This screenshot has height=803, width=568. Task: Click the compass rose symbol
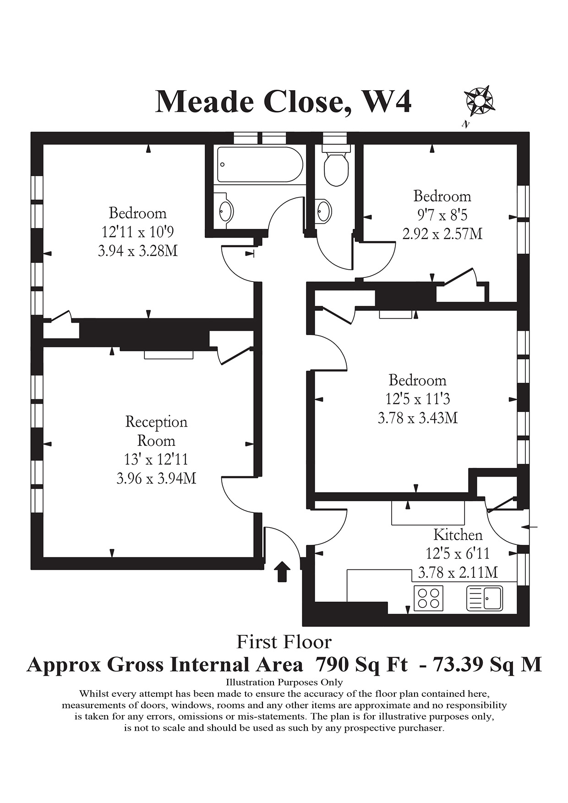(479, 101)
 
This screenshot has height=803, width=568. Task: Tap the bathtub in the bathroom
(260, 165)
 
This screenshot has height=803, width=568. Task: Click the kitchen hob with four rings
(428, 598)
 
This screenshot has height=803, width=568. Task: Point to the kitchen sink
(485, 598)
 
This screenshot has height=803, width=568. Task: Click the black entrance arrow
(282, 571)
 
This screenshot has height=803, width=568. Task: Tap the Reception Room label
(156, 431)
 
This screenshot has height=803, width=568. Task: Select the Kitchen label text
(458, 535)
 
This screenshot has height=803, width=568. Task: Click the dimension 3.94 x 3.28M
(138, 251)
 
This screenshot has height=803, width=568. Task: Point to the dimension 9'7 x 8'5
(442, 215)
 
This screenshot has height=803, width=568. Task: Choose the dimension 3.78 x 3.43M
(418, 418)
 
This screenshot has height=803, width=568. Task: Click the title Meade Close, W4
(284, 102)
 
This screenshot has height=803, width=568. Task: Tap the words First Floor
(284, 642)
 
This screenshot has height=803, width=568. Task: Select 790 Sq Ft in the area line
(361, 664)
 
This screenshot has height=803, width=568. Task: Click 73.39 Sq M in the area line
(487, 664)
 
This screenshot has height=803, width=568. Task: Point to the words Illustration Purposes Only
(284, 682)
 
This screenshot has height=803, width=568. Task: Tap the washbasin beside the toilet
(323, 211)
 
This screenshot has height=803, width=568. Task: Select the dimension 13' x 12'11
(156, 459)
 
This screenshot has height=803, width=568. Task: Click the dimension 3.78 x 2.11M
(458, 572)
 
